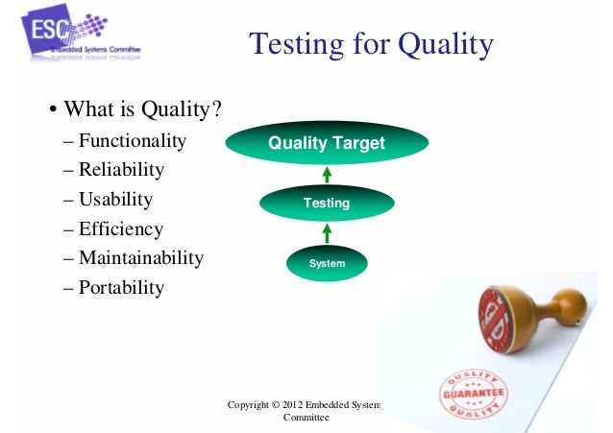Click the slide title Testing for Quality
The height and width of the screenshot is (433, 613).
coord(371,44)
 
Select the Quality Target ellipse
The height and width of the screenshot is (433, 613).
coord(326,144)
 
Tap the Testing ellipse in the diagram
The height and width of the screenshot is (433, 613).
coord(327,204)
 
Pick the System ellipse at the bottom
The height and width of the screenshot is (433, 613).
coord(327,262)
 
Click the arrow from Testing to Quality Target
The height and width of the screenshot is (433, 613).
coord(327,175)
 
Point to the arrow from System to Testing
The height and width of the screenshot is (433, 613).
coord(327,233)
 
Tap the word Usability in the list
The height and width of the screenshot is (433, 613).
coord(115,200)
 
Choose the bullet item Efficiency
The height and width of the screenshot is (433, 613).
coord(121,229)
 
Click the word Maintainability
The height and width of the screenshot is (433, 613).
coord(140,258)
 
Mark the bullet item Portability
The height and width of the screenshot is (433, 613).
coord(121,288)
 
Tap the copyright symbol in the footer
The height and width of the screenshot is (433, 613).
coord(288,405)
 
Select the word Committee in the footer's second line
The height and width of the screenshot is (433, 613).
coord(306,419)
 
